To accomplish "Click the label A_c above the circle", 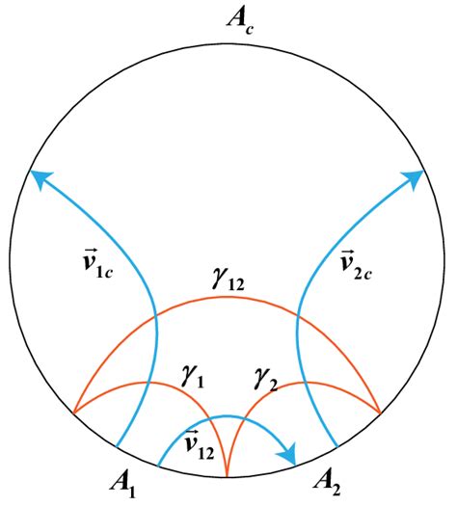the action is tap(240, 21).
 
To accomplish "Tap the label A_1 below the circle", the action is tap(123, 487).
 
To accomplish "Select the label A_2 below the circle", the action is tap(327, 485).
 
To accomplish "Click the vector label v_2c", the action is tap(356, 265).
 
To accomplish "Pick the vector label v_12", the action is tap(199, 444).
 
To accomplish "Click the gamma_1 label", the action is tap(193, 377).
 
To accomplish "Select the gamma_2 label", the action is tap(266, 380).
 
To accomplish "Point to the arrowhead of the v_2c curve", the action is tap(415, 178).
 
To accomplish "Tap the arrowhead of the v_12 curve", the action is tap(288, 455).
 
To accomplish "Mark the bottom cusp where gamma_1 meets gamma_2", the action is tap(227, 476).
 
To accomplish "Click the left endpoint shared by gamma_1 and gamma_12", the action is tap(74, 413).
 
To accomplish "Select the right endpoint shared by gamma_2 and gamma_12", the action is tap(381, 413).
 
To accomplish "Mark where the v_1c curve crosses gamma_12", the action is tap(156, 314).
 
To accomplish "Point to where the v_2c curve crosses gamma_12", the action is tap(298, 314).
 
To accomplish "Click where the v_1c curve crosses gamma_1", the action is tap(148, 383).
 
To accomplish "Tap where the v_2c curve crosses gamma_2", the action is tap(306, 383).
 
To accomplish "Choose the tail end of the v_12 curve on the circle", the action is tap(158, 466).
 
